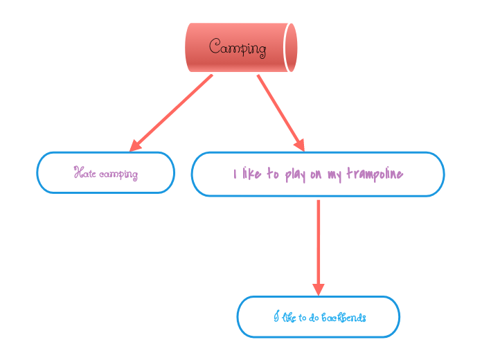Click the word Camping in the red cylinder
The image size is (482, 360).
click(238, 48)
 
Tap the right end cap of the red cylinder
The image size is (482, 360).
click(291, 47)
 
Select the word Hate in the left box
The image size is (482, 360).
click(84, 173)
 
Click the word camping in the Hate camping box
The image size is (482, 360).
click(118, 174)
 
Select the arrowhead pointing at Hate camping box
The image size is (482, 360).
click(135, 145)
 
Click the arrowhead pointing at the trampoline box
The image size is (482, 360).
click(299, 145)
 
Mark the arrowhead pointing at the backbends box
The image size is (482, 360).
click(319, 289)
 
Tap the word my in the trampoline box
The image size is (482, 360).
click(334, 174)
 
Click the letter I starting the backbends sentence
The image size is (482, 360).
click(276, 317)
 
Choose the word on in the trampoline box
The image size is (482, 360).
click(316, 174)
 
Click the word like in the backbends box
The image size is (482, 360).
click(289, 318)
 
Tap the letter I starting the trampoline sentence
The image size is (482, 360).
click(235, 174)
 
